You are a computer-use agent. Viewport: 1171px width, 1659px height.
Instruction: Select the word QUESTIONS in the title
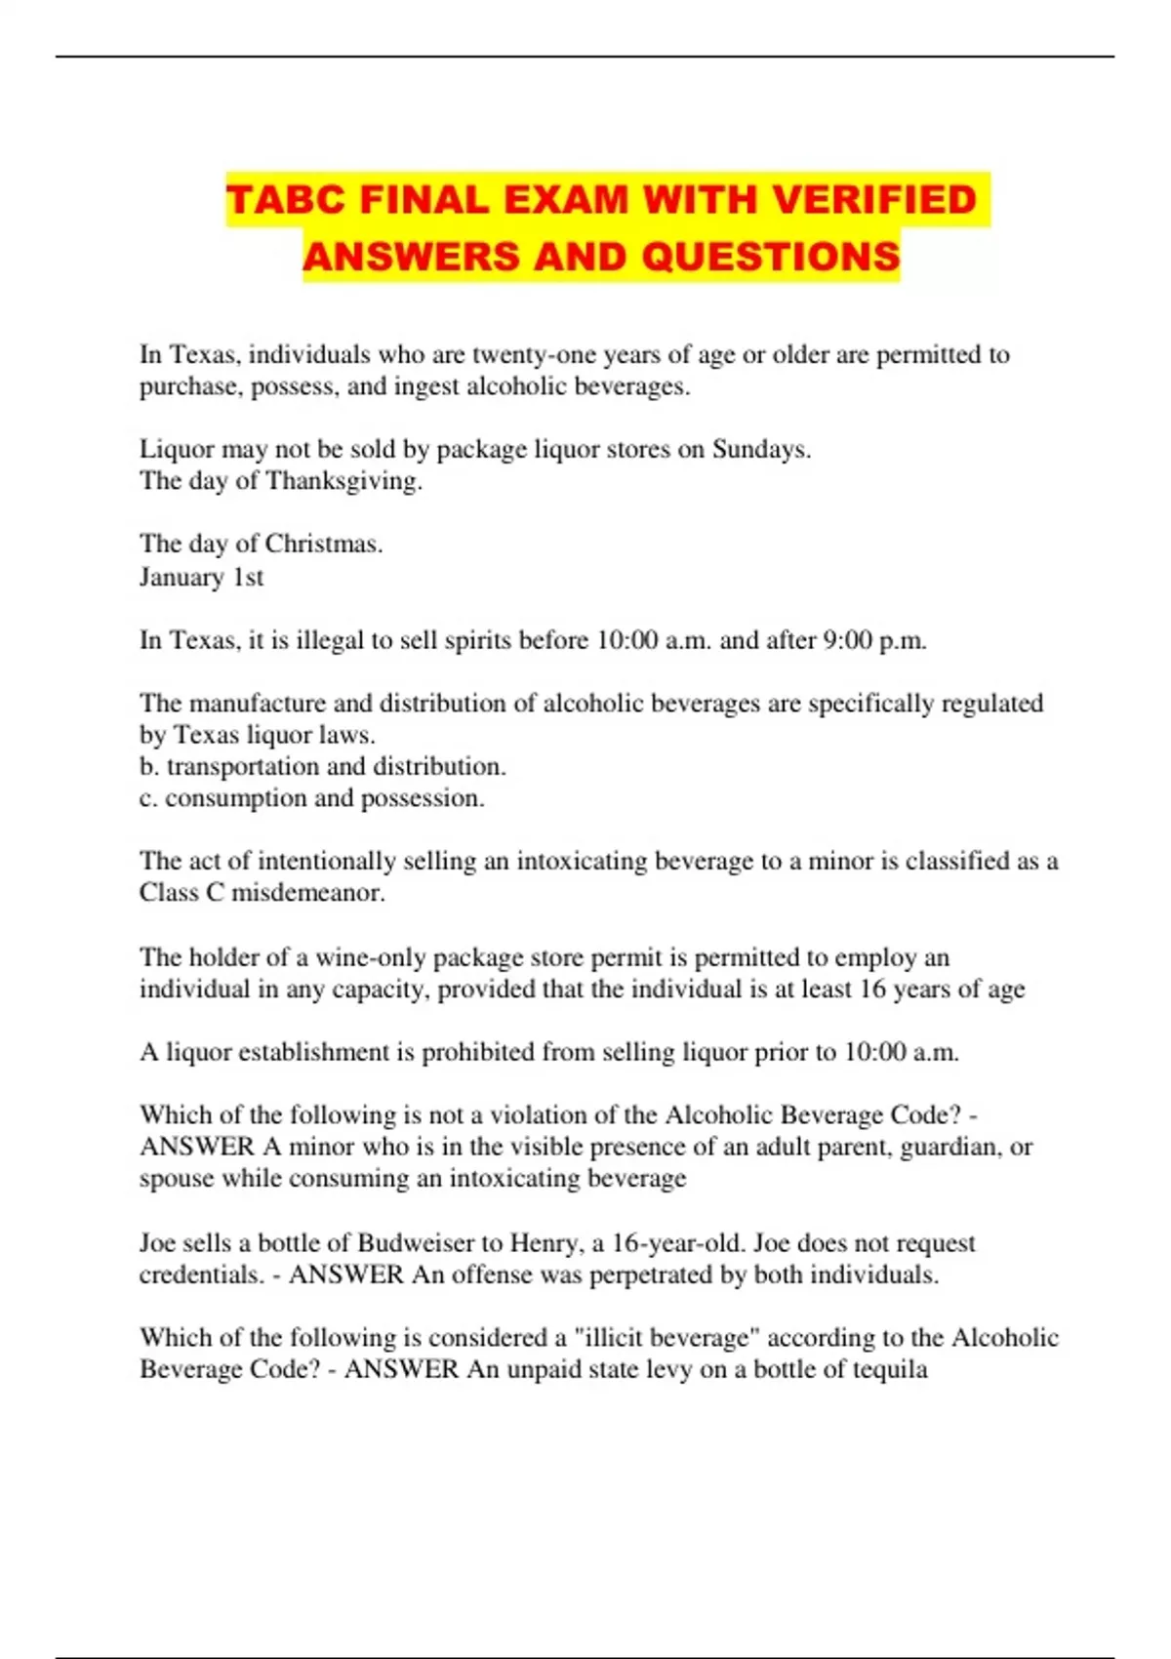771,257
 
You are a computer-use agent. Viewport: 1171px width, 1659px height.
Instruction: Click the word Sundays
761,449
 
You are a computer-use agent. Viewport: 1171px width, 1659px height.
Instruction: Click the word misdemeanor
307,893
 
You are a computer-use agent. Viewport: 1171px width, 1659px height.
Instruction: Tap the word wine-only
372,957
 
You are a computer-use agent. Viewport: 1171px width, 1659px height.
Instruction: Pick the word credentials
201,1275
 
